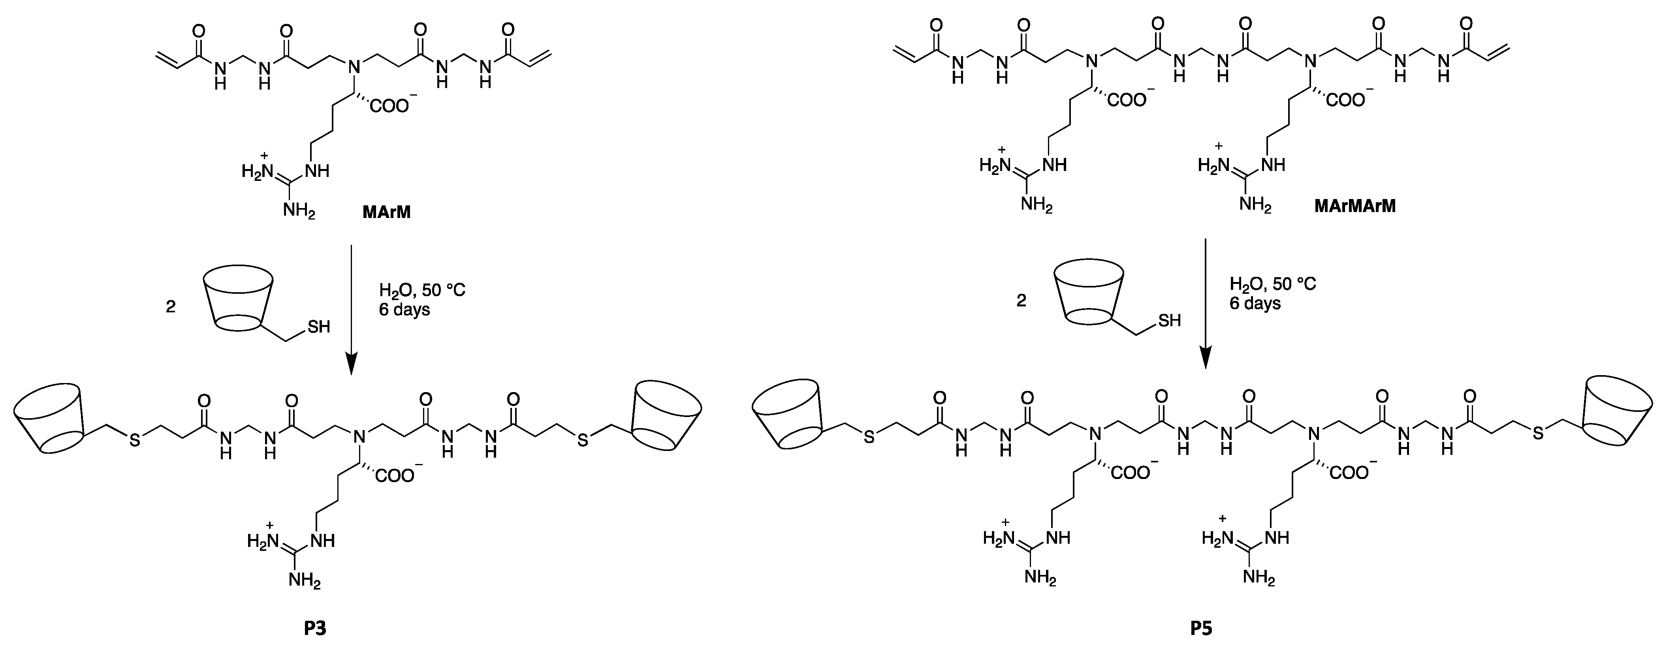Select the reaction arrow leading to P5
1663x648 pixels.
1205,303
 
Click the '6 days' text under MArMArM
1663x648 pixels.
1255,303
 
